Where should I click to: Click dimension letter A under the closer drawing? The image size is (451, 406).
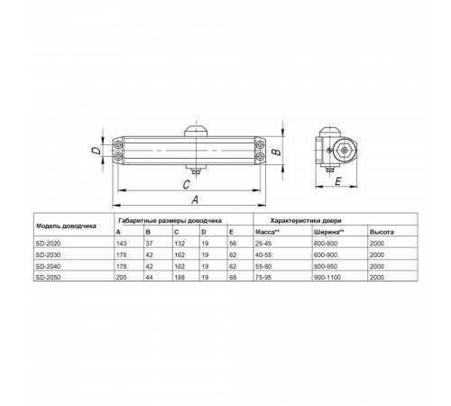pos(195,199)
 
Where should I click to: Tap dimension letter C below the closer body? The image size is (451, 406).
pos(187,184)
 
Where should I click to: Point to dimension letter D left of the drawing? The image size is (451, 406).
pos(97,151)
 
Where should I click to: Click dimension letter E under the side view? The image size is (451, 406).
pos(338,181)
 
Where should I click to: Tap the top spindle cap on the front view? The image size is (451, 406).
pos(196,132)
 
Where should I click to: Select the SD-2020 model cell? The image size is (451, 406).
pos(48,244)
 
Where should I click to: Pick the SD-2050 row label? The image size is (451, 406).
pos(48,277)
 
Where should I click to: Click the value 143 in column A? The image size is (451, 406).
pos(122,244)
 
